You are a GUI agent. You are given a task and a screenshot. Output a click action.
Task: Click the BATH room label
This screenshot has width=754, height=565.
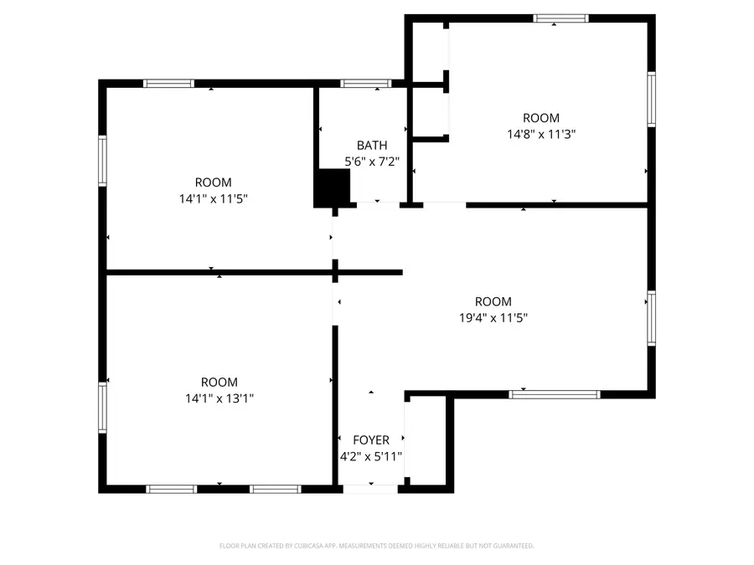(372, 145)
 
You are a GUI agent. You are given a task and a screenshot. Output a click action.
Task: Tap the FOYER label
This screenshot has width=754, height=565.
(371, 440)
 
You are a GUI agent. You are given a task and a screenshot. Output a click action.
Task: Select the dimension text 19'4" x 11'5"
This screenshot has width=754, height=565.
(493, 318)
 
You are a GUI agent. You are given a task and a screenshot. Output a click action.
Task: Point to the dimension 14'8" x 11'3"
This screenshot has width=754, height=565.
(541, 134)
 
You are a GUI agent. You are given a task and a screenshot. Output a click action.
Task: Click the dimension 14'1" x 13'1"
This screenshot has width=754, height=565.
(219, 398)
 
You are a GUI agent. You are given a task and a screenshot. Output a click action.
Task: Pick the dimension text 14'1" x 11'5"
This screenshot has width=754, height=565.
(214, 199)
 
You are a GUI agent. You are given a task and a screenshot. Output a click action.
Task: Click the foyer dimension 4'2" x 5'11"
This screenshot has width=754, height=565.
(371, 457)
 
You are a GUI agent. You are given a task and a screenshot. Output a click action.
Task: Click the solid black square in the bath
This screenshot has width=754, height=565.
(332, 188)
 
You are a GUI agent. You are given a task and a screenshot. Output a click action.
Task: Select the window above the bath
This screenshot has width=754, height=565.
(366, 83)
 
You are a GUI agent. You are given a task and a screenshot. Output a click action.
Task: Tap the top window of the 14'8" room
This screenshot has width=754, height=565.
(561, 18)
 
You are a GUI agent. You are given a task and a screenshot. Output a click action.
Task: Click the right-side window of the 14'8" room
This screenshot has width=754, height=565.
(651, 99)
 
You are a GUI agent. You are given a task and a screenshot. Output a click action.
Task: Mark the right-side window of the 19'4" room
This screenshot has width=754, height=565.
(651, 318)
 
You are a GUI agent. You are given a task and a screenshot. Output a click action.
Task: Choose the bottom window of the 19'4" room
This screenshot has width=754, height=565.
(555, 393)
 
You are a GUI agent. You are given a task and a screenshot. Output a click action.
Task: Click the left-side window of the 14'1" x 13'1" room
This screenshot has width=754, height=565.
(103, 408)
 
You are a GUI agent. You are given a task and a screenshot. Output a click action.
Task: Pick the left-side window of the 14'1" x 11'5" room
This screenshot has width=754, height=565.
(103, 161)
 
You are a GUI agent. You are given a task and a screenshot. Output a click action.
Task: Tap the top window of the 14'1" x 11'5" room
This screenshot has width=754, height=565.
(168, 83)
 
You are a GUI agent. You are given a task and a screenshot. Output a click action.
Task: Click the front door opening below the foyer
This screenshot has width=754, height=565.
(370, 488)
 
